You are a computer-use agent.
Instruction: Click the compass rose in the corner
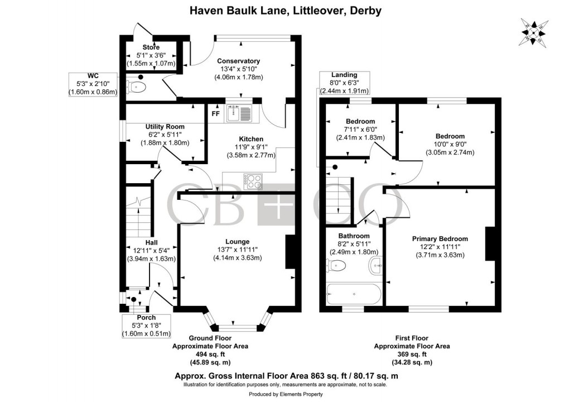(x=534, y=32)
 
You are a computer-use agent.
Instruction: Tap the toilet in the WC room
(x=137, y=87)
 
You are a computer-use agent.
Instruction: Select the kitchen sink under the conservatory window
(x=240, y=113)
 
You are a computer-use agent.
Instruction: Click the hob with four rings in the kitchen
(x=252, y=181)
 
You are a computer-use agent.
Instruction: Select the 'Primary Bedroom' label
(x=436, y=238)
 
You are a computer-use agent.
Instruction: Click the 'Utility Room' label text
(x=165, y=127)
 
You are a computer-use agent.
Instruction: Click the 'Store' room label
(x=151, y=47)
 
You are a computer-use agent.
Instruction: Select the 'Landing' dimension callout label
(x=344, y=75)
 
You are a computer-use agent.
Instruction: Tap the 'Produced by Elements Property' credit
(x=284, y=395)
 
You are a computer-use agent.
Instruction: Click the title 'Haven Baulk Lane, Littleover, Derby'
(x=284, y=11)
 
